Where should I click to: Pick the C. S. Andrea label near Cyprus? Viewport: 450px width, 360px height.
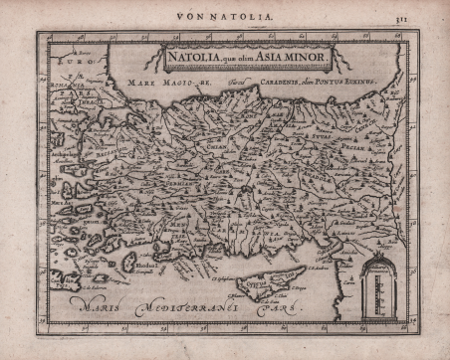[321, 267]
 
